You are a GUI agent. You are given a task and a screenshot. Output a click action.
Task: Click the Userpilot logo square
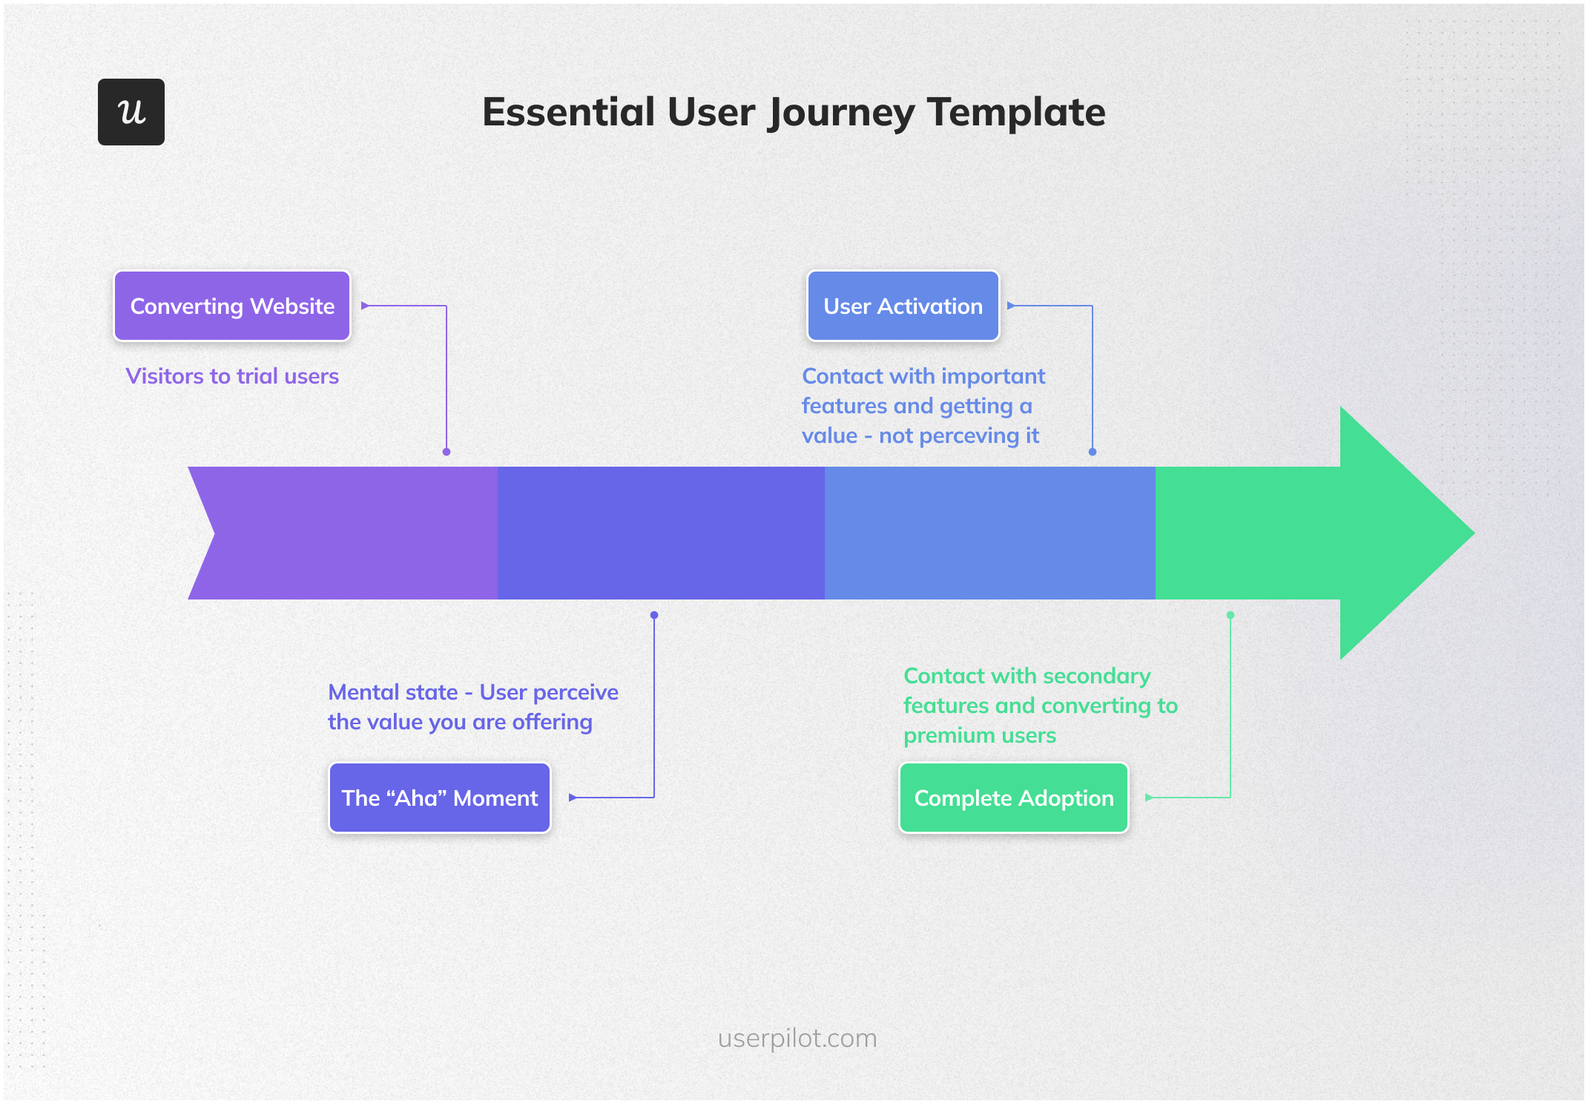tap(131, 112)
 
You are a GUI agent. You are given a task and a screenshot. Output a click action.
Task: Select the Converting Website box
tap(232, 306)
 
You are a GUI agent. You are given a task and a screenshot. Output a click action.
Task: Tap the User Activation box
tap(903, 306)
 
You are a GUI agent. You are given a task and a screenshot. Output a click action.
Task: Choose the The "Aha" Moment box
tap(439, 798)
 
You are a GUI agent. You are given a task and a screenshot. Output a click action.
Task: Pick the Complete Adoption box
tap(1013, 798)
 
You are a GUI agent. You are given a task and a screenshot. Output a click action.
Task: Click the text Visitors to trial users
tap(232, 376)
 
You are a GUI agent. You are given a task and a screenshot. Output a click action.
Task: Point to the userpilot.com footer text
tap(797, 1038)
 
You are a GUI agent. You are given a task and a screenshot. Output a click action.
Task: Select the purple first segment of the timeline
tap(349, 533)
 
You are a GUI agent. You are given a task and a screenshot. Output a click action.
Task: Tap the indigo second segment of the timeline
tap(660, 533)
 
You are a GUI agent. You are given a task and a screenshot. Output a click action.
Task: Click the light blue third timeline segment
tap(990, 533)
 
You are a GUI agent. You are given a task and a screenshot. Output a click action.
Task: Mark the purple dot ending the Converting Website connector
tap(447, 452)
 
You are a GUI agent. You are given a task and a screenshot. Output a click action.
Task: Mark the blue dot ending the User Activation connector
tap(1093, 452)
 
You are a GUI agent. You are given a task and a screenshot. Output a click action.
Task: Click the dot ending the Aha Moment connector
tap(654, 615)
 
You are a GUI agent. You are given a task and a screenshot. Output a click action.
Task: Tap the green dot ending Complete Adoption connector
tap(1230, 615)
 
